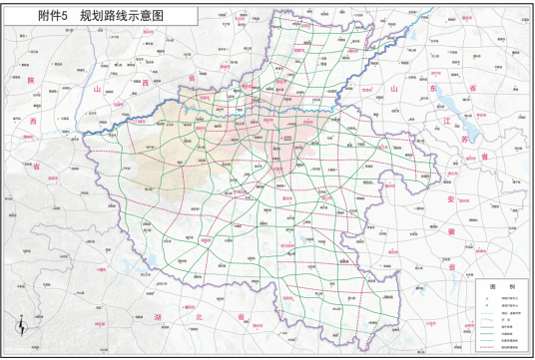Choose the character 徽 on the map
tap(451, 234)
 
